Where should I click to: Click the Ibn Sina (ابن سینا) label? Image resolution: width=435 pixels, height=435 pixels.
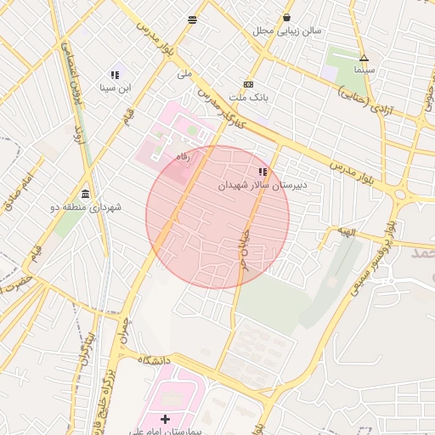point(116,88)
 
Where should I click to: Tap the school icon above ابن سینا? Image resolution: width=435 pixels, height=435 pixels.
point(115,75)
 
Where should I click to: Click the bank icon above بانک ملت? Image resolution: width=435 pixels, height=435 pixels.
point(248,85)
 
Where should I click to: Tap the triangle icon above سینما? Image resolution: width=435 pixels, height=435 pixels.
point(364,59)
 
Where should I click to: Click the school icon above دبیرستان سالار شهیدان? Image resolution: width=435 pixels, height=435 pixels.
point(263,172)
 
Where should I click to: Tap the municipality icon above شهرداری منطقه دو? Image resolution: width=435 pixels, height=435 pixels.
point(85,194)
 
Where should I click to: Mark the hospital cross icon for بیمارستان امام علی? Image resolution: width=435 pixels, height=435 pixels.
point(165,419)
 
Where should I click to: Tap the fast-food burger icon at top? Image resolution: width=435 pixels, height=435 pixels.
point(193,19)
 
